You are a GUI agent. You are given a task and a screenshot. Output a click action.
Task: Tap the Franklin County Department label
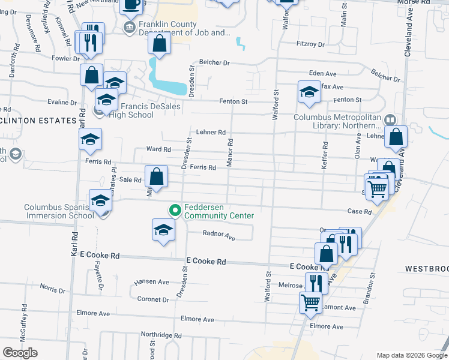click(176, 29)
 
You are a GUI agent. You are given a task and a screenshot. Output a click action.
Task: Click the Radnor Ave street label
click(218, 236)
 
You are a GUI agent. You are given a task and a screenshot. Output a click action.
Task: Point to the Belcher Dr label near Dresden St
click(214, 62)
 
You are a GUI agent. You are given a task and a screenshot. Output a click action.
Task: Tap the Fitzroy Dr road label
click(310, 44)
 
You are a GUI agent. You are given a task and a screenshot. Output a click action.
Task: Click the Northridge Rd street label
click(161, 335)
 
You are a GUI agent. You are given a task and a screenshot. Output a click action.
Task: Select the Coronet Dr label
click(154, 299)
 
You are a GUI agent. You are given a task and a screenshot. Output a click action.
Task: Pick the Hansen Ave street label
click(152, 281)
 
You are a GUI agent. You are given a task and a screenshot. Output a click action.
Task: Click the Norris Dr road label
click(53, 290)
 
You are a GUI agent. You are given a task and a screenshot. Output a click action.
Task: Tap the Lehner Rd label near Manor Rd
click(210, 132)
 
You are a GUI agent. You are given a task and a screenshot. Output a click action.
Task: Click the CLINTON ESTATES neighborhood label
click(37, 121)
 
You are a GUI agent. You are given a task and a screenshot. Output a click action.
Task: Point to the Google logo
click(20, 353)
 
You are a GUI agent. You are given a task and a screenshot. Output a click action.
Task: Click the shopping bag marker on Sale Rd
click(156, 178)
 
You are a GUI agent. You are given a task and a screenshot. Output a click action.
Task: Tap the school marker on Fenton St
click(309, 92)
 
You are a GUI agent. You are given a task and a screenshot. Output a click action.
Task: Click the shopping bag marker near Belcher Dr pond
click(159, 44)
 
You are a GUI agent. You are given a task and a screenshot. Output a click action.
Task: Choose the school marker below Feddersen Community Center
click(163, 230)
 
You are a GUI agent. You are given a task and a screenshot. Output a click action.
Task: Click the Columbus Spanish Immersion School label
click(59, 211)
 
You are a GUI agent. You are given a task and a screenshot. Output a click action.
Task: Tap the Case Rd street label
click(360, 212)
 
